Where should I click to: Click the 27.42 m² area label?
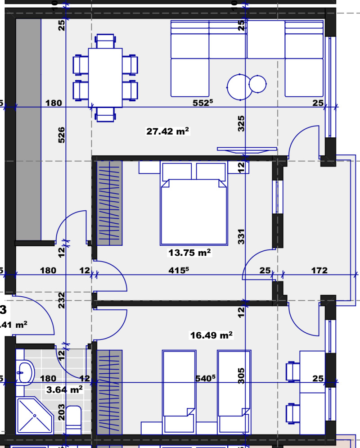[x=167, y=131]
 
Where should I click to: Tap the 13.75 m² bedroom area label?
[x=189, y=253]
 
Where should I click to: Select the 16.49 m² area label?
[x=211, y=335]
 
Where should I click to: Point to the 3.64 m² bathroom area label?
[x=64, y=389]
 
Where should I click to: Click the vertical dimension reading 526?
[x=62, y=135]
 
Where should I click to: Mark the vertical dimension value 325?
[x=241, y=123]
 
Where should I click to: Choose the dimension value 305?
[x=241, y=375]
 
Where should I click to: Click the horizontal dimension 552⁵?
[x=202, y=103]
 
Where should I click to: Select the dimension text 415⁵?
[x=178, y=271]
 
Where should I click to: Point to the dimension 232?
[x=62, y=300]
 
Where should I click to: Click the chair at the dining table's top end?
[x=105, y=41]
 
